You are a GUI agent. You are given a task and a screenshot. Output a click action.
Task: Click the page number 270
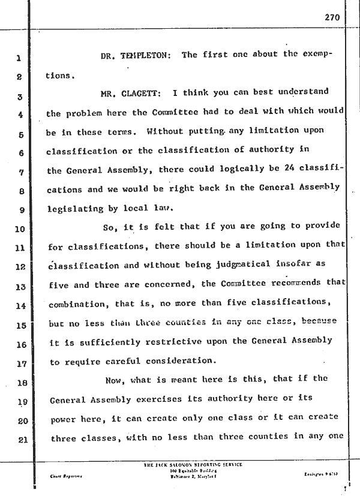coord(332,18)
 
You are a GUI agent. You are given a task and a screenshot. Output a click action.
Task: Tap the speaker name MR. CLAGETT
coord(133,93)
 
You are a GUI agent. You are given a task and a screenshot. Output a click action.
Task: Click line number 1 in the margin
coord(19,59)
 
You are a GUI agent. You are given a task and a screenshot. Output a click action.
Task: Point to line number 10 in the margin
coord(19,228)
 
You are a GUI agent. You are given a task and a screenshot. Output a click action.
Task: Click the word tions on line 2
coord(59,77)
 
